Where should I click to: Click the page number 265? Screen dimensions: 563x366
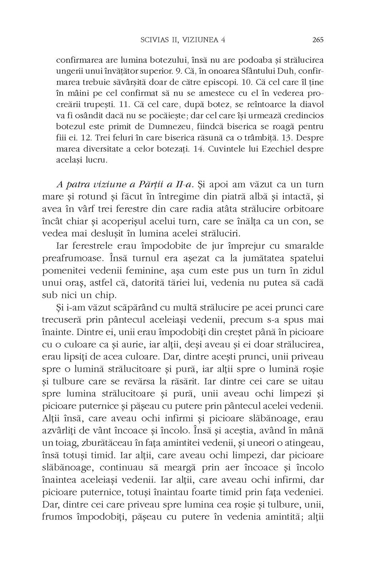[317, 40]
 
